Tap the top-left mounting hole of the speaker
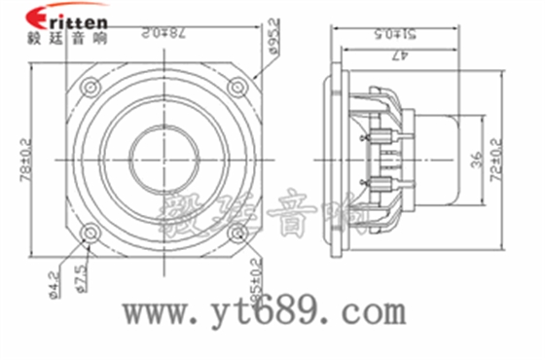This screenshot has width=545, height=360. tap(91, 87)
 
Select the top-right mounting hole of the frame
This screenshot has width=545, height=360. tap(236, 87)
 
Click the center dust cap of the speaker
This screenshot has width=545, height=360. tap(163, 159)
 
